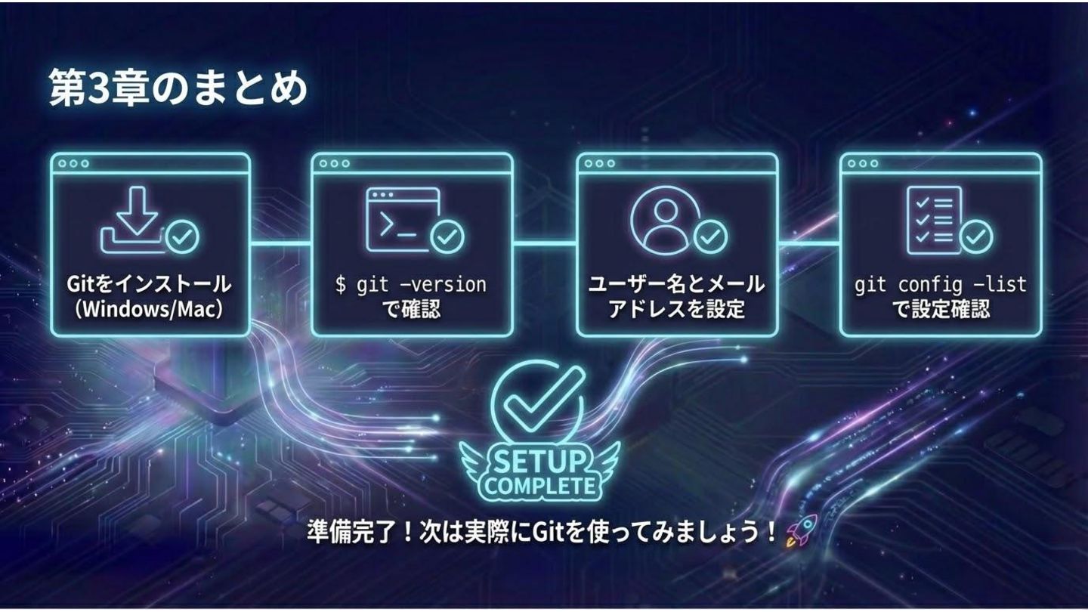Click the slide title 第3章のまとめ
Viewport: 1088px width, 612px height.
(179, 89)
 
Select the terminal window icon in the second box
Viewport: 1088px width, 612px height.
(402, 219)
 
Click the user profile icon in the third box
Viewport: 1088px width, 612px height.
(662, 216)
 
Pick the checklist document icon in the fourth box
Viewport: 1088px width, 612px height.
(935, 219)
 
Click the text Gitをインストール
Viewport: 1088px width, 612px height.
(149, 285)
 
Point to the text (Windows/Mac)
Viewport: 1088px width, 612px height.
(149, 310)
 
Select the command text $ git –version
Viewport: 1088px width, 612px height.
(411, 285)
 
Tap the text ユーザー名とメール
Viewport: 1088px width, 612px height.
(676, 285)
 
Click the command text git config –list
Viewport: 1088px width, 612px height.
(941, 285)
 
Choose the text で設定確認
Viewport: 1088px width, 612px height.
(941, 310)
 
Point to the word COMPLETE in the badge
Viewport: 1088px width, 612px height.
(539, 485)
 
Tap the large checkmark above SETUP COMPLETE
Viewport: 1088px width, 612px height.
(537, 400)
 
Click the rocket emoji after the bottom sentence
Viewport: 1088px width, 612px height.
(802, 531)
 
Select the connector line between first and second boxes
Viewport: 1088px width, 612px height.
(280, 243)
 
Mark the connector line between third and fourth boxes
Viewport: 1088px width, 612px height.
(808, 243)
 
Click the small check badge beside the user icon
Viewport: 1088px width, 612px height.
(710, 237)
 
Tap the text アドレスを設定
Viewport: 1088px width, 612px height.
(676, 310)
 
